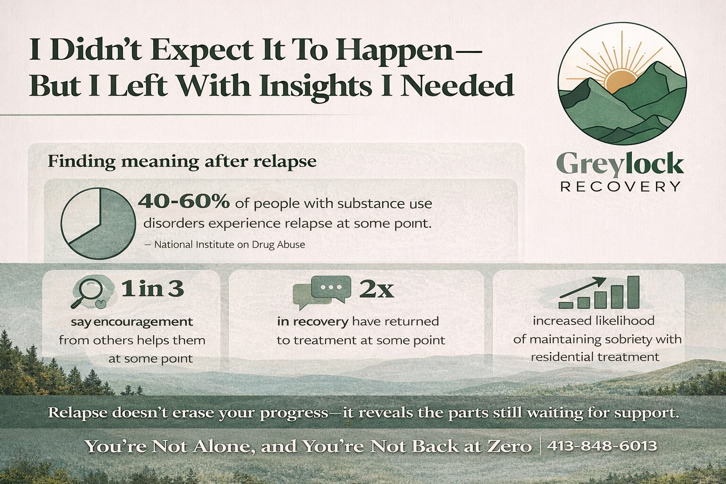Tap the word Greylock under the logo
(620, 164)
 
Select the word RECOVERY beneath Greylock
(620, 187)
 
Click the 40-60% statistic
(183, 202)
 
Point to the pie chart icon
(98, 223)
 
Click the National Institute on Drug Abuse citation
(229, 245)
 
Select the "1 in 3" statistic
(152, 288)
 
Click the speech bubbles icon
(322, 291)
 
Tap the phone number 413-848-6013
(602, 446)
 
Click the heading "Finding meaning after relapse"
(182, 162)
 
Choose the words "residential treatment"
(595, 357)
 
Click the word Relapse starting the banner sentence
(78, 413)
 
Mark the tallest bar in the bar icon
(633, 292)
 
